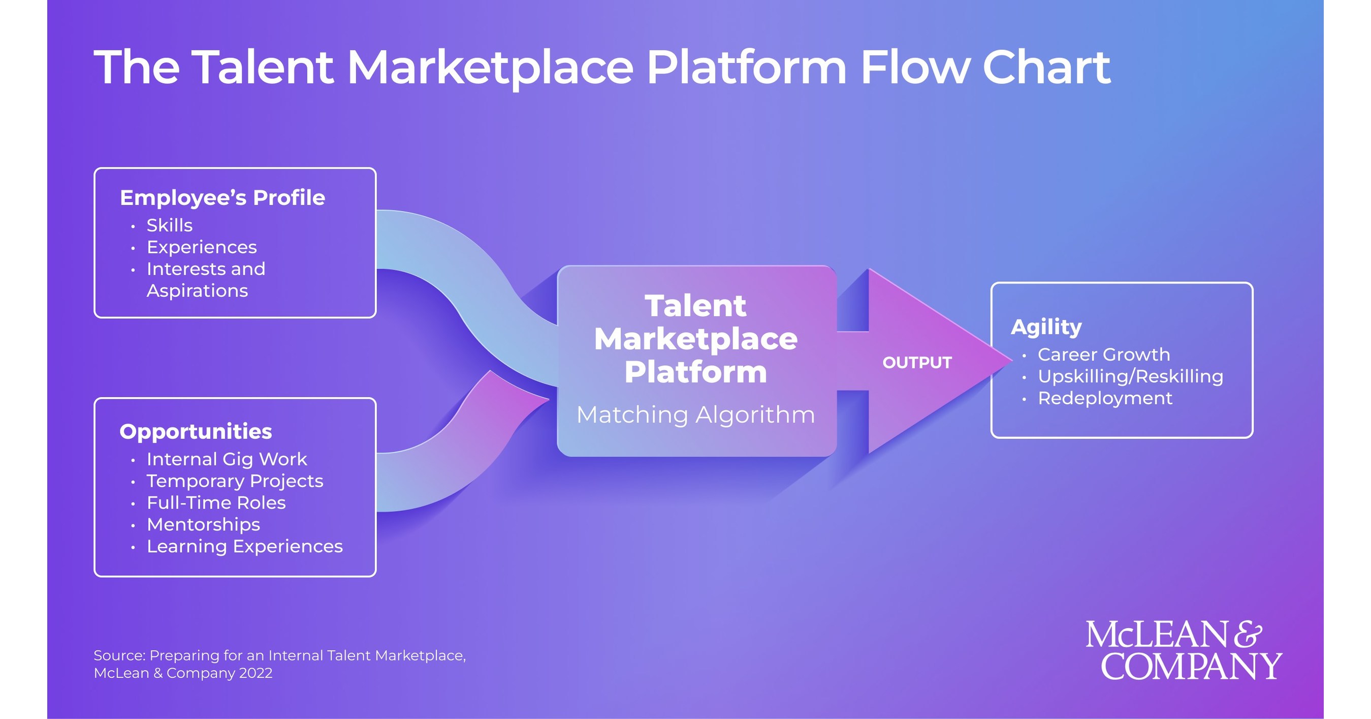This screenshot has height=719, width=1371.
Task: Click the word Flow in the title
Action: click(x=915, y=68)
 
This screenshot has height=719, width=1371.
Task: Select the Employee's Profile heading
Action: click(x=222, y=198)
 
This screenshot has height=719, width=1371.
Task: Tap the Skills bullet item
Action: click(x=169, y=225)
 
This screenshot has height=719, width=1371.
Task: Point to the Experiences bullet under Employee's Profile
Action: click(x=202, y=247)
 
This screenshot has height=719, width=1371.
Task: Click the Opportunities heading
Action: click(x=196, y=431)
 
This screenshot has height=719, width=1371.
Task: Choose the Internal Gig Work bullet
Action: click(x=227, y=459)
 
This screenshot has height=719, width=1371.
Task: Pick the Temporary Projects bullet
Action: click(x=235, y=481)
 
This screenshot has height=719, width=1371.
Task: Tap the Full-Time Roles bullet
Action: click(x=216, y=503)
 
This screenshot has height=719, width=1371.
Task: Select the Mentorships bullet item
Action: click(x=203, y=525)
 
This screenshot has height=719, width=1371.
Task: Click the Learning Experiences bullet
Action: click(x=244, y=547)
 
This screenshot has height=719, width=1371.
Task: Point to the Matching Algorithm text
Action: click(x=695, y=415)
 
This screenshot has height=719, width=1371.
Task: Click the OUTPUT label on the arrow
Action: click(x=917, y=363)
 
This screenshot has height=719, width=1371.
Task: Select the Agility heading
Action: click(x=1046, y=327)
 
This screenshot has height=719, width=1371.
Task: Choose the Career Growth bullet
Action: click(x=1103, y=355)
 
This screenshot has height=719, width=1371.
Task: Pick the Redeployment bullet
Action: click(x=1105, y=398)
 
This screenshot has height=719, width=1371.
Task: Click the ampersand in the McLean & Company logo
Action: click(x=1248, y=635)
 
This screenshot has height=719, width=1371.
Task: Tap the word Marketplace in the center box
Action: click(x=695, y=339)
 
